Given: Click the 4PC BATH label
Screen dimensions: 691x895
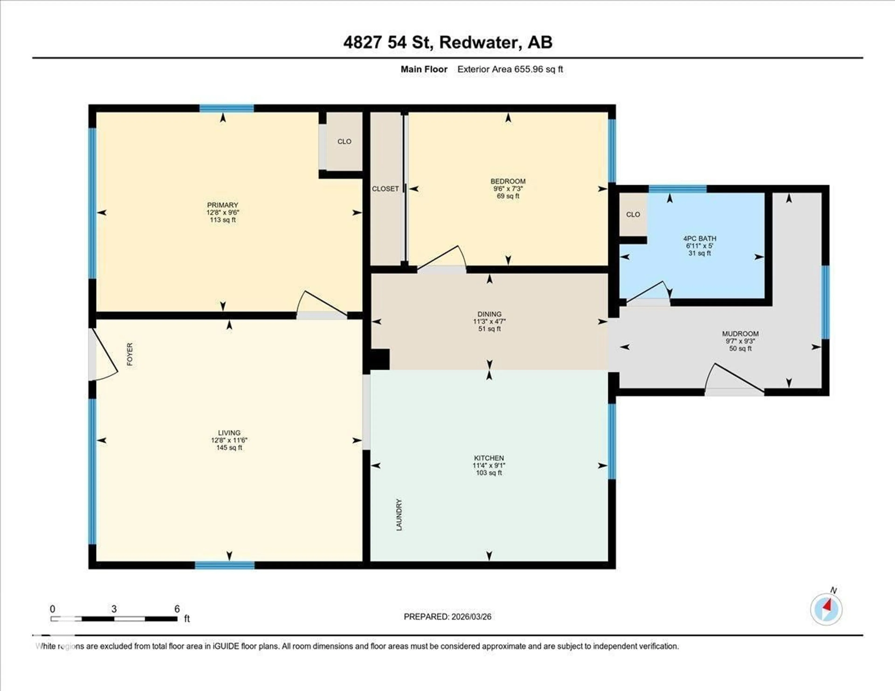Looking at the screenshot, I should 699,238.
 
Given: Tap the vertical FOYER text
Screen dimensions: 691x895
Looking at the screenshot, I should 130,354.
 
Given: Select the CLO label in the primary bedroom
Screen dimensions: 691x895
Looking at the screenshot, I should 344,141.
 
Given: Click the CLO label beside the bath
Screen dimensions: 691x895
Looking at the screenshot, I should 633,214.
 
